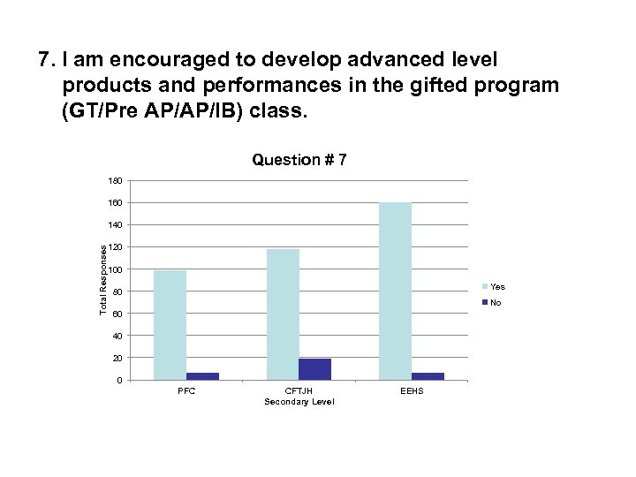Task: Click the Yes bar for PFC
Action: (x=170, y=325)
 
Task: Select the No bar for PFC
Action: (x=202, y=376)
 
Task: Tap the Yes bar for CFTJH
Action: (x=283, y=314)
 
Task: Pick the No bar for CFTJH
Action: (x=315, y=369)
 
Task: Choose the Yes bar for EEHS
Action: (x=395, y=291)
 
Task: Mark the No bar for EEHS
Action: (x=428, y=376)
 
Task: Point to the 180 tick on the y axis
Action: (x=116, y=181)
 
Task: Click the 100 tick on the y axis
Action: (x=116, y=269)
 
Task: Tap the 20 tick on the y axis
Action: (x=117, y=358)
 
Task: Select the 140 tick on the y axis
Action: (x=116, y=225)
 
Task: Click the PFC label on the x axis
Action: (x=186, y=390)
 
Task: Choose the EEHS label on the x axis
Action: (x=412, y=390)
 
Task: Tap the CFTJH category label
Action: (x=299, y=390)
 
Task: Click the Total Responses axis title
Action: (x=103, y=280)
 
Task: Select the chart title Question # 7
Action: (x=299, y=160)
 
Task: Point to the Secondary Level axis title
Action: (x=299, y=402)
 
